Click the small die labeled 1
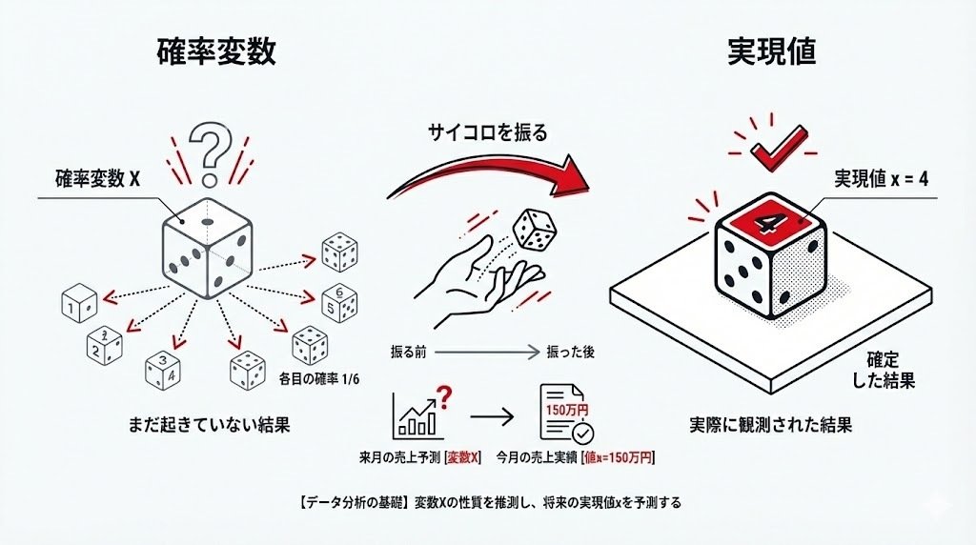click(80, 304)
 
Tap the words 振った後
click(569, 352)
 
